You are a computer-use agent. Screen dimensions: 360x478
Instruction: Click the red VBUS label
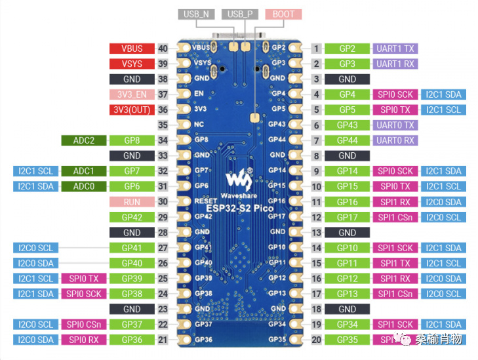132,49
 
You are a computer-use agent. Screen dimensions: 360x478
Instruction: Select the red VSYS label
132,64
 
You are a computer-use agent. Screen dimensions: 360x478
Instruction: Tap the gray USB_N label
195,14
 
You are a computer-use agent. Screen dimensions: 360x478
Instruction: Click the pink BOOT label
283,14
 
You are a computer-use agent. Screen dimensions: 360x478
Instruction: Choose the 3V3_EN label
132,94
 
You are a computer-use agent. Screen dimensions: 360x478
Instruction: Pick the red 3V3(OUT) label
132,110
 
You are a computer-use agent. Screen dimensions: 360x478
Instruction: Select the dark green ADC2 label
83,140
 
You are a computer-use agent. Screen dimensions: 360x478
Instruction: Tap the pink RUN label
132,202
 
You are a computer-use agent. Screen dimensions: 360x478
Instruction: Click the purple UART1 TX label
395,49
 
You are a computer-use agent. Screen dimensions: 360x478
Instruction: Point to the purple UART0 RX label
395,140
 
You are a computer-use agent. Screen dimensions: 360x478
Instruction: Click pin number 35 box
163,125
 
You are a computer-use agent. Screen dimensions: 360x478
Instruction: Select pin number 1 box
317,49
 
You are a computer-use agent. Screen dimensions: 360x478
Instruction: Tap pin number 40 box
163,49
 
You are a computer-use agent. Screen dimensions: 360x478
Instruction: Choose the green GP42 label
132,217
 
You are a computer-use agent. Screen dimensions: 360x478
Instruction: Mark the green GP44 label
347,140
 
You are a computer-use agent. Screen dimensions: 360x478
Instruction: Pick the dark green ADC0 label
83,186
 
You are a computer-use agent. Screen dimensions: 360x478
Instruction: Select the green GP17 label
347,217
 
